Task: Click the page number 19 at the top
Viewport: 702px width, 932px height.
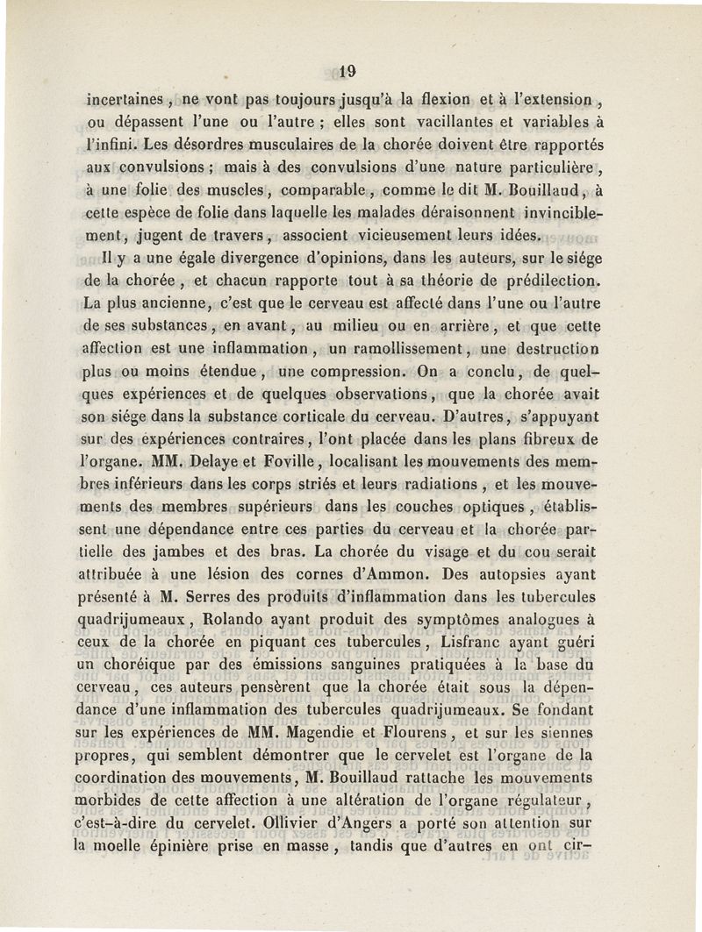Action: click(x=348, y=71)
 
